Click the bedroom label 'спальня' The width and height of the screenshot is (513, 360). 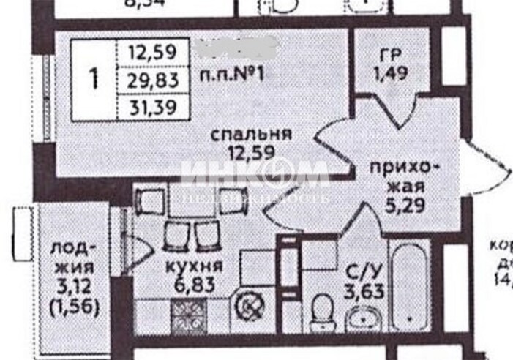click(x=250, y=135)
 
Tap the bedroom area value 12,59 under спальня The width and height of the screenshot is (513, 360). click(x=250, y=154)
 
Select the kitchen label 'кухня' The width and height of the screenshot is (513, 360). click(x=194, y=266)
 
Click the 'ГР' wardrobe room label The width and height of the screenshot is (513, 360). click(x=388, y=56)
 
